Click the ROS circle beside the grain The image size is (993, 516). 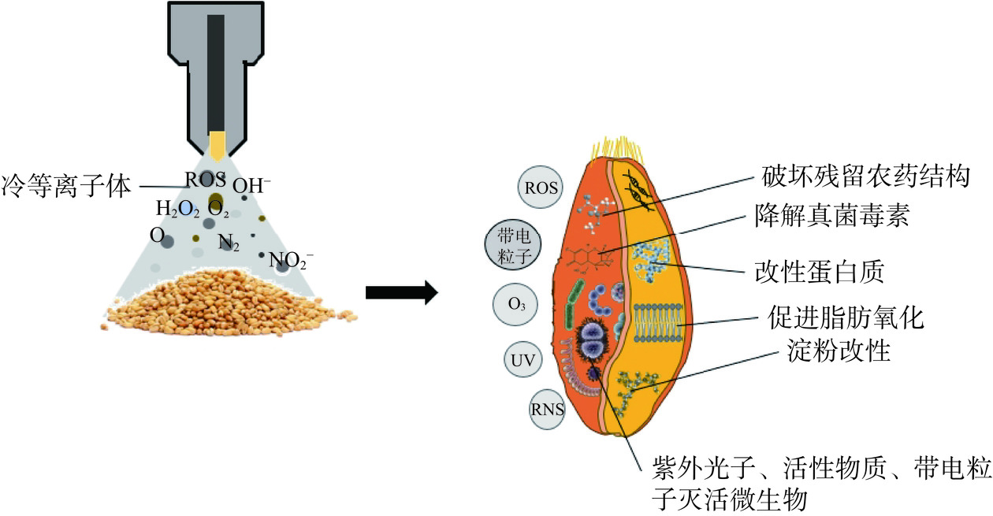pyautogui.click(x=541, y=187)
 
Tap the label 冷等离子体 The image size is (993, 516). pyautogui.click(x=68, y=186)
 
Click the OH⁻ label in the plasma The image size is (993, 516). pyautogui.click(x=252, y=187)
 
